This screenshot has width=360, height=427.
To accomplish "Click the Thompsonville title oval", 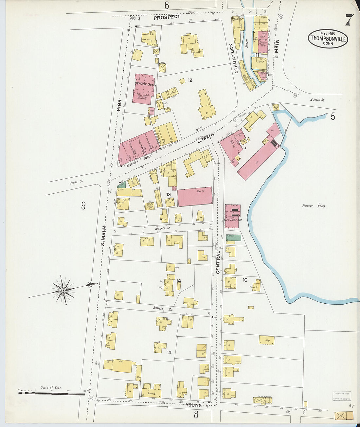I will (328, 38).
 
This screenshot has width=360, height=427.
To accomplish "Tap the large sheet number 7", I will (349, 20).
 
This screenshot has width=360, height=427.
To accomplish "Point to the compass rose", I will (63, 290).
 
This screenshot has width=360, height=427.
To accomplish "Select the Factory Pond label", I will (313, 206).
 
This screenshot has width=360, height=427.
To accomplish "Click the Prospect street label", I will (167, 17).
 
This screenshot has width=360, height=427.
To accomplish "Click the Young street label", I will (193, 405).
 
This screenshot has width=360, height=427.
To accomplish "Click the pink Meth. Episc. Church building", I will (144, 88).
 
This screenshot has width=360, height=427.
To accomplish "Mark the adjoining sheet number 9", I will (83, 205).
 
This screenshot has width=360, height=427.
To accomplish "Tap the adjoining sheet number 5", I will (333, 116).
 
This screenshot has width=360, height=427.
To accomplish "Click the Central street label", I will (218, 262).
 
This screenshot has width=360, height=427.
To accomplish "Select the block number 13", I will (168, 195).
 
